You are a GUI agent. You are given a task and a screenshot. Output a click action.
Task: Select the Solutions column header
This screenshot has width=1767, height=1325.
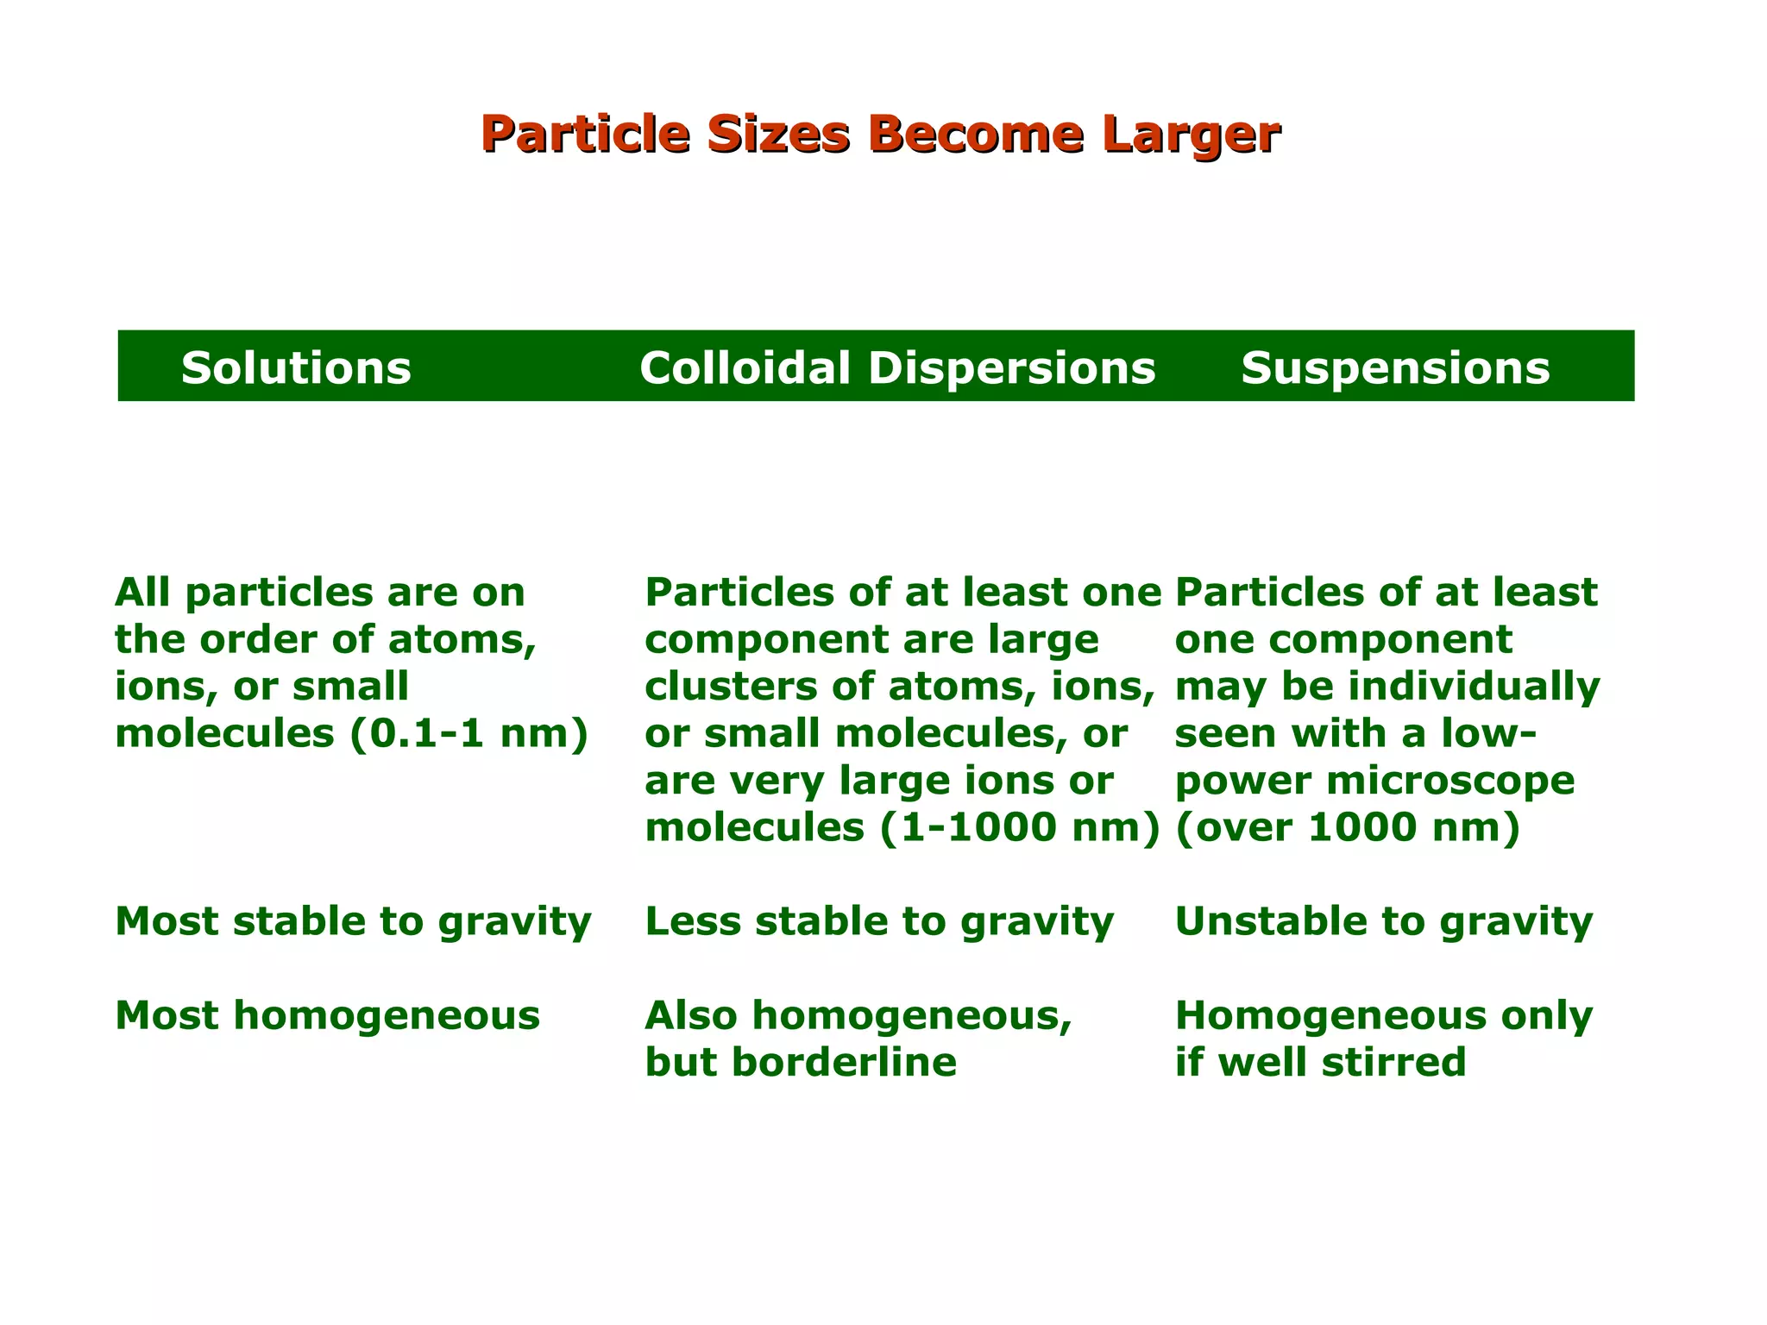[x=296, y=367]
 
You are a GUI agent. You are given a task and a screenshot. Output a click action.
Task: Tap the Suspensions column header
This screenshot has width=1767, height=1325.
[x=1394, y=367]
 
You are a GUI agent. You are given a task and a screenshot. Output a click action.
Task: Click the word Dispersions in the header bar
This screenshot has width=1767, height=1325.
[x=1010, y=367]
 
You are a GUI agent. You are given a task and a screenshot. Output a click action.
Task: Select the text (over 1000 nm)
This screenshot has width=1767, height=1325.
[x=1347, y=827]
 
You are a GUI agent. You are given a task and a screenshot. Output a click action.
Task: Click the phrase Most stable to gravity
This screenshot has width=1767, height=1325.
[x=352, y=921]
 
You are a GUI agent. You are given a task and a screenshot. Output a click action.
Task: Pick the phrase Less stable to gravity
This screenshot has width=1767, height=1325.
[x=879, y=921]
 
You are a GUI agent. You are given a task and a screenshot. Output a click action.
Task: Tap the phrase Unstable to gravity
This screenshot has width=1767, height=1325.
[x=1383, y=921]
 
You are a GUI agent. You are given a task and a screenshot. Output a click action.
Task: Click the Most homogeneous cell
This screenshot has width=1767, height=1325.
[x=327, y=1015]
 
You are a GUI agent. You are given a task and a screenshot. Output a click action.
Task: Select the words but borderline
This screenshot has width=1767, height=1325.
[x=801, y=1062]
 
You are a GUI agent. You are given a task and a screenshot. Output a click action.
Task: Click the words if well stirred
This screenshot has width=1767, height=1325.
[x=1320, y=1062]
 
